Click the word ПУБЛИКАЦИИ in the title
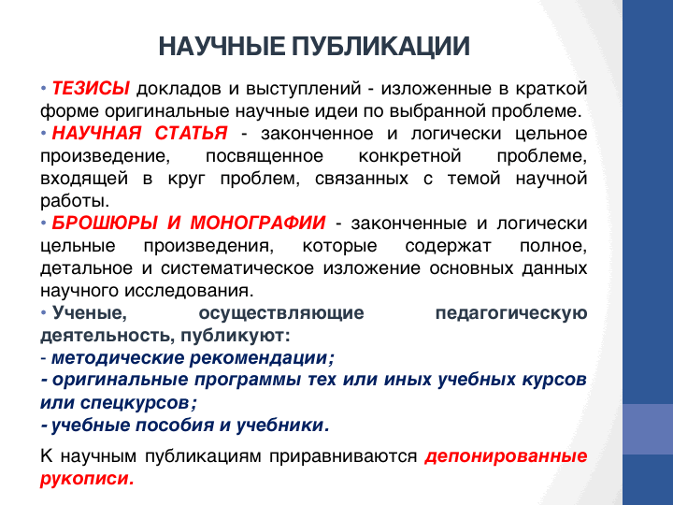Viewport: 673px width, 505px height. click(x=380, y=47)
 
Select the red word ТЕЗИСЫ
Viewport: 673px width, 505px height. click(x=91, y=89)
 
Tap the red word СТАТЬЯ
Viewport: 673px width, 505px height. click(x=191, y=133)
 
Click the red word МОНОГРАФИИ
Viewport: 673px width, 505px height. click(x=258, y=223)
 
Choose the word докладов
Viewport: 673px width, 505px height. click(x=179, y=89)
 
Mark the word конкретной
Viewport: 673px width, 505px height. click(x=410, y=156)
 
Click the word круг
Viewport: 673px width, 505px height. click(x=187, y=179)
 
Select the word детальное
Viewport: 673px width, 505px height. click(x=86, y=268)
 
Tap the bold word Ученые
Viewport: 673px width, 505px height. click(x=90, y=313)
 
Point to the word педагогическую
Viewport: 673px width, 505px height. click(x=511, y=313)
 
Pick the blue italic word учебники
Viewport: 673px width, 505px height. click(x=283, y=426)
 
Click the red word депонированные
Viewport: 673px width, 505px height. click(x=506, y=456)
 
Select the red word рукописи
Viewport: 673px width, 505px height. click(x=87, y=479)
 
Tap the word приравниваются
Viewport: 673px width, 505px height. click(x=343, y=456)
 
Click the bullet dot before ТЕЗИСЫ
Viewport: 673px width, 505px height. click(x=43, y=89)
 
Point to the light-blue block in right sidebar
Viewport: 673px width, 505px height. click(x=648, y=429)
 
